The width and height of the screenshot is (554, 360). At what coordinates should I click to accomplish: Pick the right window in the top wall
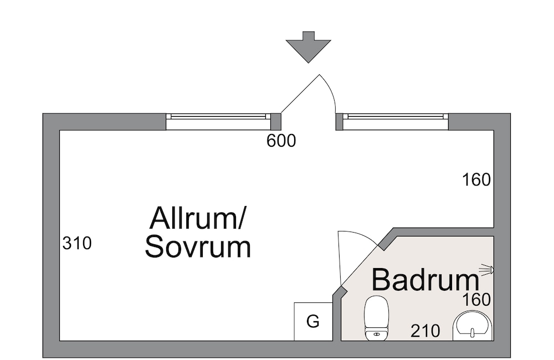[x=395, y=117]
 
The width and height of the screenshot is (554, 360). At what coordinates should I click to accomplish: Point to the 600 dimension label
[x=281, y=141]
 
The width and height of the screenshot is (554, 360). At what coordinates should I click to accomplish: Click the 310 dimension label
[x=76, y=243]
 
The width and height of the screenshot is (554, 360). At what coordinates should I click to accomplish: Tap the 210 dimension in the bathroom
[x=425, y=331]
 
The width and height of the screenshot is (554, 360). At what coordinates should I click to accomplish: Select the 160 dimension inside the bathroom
[x=477, y=300]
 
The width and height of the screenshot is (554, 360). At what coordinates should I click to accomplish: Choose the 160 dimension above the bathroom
[x=477, y=180]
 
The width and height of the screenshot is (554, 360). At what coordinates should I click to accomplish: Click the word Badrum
[x=425, y=280]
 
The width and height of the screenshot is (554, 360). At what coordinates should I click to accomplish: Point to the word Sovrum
[x=198, y=248]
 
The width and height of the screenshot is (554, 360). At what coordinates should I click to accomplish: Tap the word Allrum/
[x=198, y=218]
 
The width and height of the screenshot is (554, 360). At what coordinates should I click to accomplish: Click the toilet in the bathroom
[x=376, y=317]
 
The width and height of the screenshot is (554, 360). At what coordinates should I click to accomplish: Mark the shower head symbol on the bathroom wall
[x=486, y=270]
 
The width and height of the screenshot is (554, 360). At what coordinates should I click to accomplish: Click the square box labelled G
[x=313, y=321]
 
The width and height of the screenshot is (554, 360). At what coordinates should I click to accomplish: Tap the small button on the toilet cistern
[x=376, y=333]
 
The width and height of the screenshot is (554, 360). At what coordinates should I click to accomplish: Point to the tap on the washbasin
[x=473, y=333]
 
